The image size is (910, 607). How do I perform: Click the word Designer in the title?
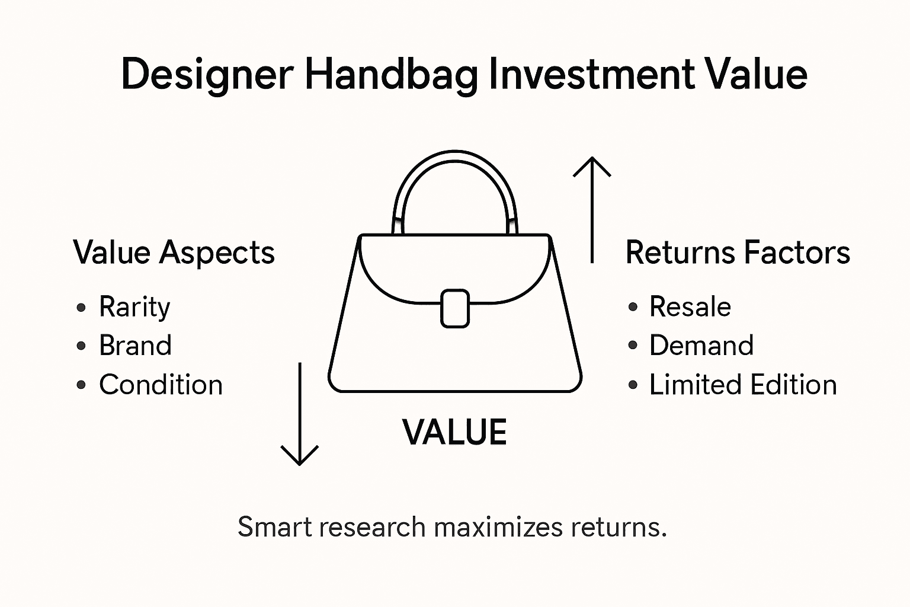(207, 75)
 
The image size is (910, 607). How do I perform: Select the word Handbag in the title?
(391, 75)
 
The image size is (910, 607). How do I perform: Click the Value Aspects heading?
(174, 253)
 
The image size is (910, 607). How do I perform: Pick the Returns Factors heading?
(738, 253)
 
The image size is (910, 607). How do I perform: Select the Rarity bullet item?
(134, 307)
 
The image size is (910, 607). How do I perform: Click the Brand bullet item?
(135, 346)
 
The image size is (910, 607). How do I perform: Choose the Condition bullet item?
(161, 385)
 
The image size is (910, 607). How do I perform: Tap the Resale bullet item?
(690, 307)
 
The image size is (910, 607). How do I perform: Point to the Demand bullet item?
(701, 346)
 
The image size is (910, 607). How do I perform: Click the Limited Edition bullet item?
(743, 385)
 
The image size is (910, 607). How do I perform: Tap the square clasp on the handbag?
(455, 308)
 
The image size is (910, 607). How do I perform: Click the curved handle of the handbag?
(455, 163)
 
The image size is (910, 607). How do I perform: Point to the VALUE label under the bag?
(454, 432)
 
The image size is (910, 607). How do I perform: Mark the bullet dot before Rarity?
(81, 308)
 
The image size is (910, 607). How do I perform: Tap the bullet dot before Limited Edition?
(633, 385)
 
